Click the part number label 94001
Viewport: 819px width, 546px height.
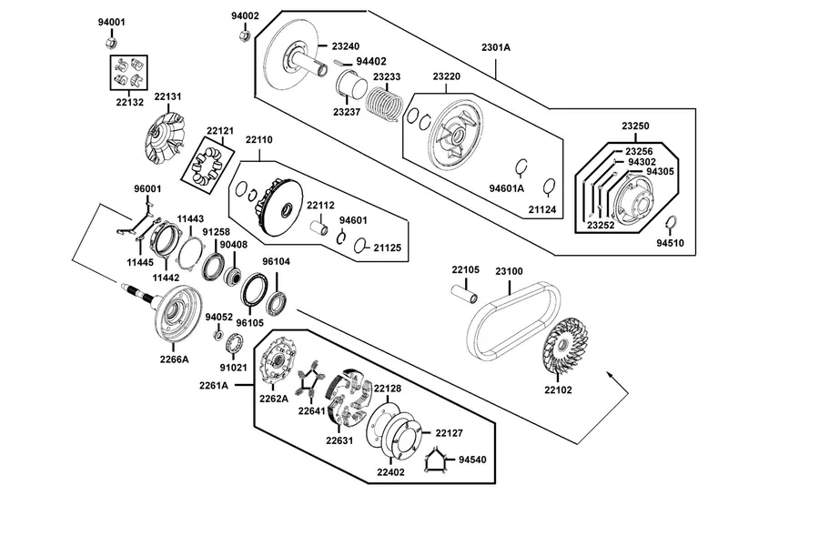112,23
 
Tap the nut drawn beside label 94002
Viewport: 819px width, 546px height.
243,35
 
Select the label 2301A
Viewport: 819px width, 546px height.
496,47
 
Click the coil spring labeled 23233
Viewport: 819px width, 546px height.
384,102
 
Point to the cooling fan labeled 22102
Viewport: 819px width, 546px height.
564,345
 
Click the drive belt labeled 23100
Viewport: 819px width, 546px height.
512,319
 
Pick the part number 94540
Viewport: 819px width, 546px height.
472,460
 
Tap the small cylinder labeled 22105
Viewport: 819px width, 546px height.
464,293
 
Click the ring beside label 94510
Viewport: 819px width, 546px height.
672,222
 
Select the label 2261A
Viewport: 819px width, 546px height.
214,386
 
